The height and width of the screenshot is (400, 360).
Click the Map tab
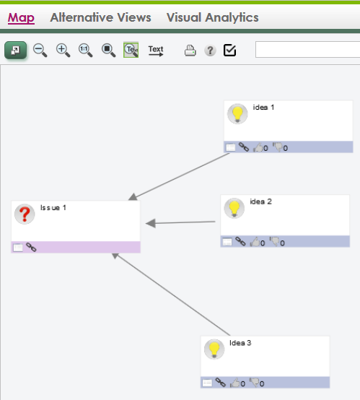click(x=21, y=17)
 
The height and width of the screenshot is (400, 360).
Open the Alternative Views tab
click(x=100, y=17)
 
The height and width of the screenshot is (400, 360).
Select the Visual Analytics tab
click(x=212, y=17)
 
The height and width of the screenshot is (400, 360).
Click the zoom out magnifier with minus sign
click(x=40, y=51)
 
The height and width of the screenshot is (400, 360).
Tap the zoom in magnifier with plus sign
click(x=63, y=51)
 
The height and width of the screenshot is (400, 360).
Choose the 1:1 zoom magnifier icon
click(x=85, y=51)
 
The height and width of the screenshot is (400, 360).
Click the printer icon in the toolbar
click(x=190, y=51)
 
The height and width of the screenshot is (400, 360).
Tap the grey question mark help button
click(x=211, y=51)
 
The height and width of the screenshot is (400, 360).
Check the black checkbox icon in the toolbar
click(x=229, y=51)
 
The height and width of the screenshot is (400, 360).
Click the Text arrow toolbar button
click(x=156, y=51)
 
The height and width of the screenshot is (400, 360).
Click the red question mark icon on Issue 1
click(x=25, y=214)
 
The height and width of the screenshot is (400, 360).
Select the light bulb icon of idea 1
click(x=237, y=114)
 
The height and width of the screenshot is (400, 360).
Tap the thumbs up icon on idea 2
click(x=255, y=242)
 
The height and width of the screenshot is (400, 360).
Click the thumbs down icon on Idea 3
click(x=254, y=383)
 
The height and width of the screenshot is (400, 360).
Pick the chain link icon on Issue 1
click(x=31, y=247)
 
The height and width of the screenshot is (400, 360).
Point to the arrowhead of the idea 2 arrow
click(x=151, y=223)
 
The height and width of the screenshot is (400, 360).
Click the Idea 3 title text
click(x=240, y=343)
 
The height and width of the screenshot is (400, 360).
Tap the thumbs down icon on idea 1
click(x=277, y=147)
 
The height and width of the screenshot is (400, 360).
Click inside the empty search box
click(x=308, y=50)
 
